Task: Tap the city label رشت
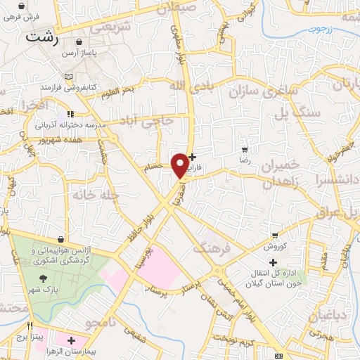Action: point(40,37)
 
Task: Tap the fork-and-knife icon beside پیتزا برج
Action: point(29,326)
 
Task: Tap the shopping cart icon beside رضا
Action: point(245,150)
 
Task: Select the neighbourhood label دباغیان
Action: point(328,314)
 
